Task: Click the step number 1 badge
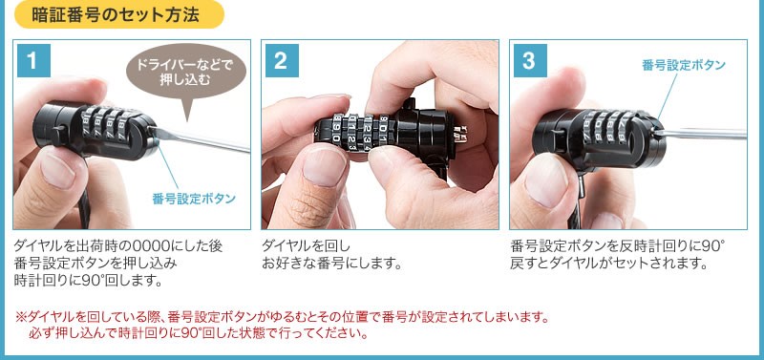point(32,62)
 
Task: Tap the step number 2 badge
point(281,62)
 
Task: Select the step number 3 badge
point(529,62)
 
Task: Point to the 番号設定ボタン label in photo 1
point(194,199)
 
